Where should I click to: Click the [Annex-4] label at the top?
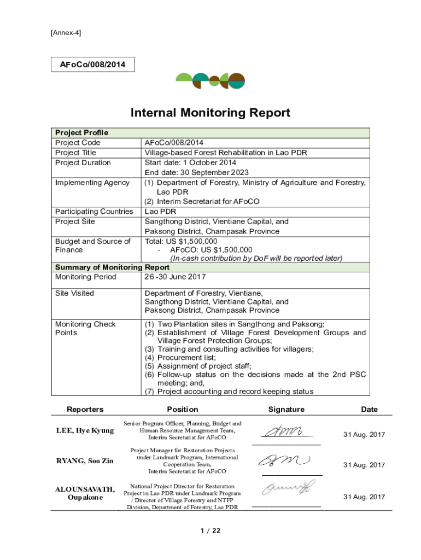click(x=66, y=33)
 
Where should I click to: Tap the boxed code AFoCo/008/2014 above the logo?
click(x=92, y=65)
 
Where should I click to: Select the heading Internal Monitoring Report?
click(x=210, y=113)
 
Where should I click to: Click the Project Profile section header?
click(x=82, y=132)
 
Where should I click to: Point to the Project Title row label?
click(x=75, y=153)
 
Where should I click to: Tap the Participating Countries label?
click(x=94, y=211)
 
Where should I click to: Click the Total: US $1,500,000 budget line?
click(x=181, y=241)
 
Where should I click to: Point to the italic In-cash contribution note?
click(x=256, y=258)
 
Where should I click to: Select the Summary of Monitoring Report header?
click(x=112, y=267)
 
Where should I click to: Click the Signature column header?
click(x=286, y=409)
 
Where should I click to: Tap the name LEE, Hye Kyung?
click(x=85, y=430)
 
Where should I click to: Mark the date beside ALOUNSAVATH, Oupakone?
click(x=364, y=497)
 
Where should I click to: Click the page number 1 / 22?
click(x=210, y=530)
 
